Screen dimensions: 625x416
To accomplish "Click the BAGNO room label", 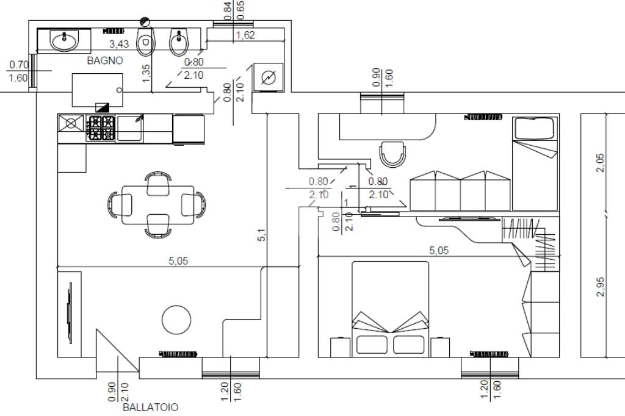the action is click(105, 60).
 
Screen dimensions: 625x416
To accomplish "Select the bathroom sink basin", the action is click(64, 41).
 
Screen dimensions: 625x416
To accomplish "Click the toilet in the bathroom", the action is click(145, 42).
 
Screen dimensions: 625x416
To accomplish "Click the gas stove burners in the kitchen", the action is click(101, 129).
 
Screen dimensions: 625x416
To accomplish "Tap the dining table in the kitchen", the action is click(157, 205).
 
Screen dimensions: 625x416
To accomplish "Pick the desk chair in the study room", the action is click(392, 154).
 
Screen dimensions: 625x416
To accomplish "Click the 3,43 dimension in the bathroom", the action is click(119, 44).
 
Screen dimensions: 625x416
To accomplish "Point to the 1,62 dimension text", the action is click(245, 35).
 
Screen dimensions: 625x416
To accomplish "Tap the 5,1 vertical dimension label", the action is click(262, 234).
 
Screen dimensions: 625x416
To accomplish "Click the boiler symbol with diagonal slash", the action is click(268, 77).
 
